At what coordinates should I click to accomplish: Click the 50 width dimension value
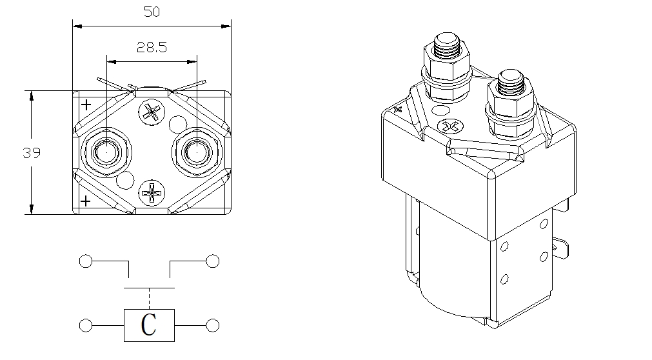pyautogui.click(x=152, y=12)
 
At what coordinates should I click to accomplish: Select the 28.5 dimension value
pyautogui.click(x=152, y=48)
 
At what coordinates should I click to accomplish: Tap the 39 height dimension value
pyautogui.click(x=32, y=154)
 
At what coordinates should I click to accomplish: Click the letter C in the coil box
pyautogui.click(x=149, y=325)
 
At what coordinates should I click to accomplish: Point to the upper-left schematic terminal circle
pyautogui.click(x=85, y=261)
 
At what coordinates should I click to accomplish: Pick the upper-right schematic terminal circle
pyautogui.click(x=212, y=261)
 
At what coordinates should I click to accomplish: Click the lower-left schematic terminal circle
pyautogui.click(x=85, y=325)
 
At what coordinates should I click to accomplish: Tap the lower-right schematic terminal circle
pyautogui.click(x=212, y=325)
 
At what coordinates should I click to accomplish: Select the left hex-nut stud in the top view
pyautogui.click(x=104, y=152)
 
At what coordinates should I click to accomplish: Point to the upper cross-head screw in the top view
pyautogui.click(x=152, y=112)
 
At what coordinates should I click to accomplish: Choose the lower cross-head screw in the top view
pyautogui.click(x=152, y=192)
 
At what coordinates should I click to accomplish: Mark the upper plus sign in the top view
pyautogui.click(x=86, y=105)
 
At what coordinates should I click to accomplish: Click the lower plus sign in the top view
pyautogui.click(x=86, y=201)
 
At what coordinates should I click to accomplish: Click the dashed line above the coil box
pyautogui.click(x=149, y=297)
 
